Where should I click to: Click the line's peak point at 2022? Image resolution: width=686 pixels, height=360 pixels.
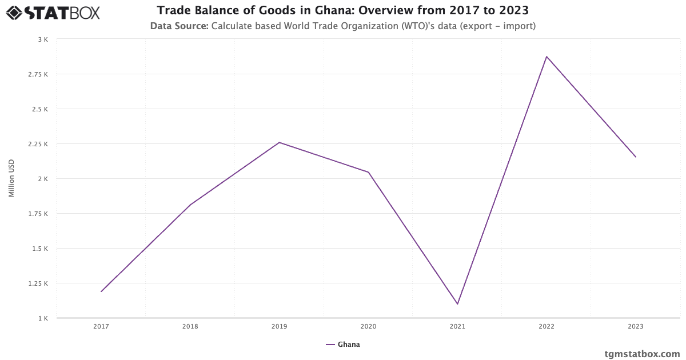coord(547,57)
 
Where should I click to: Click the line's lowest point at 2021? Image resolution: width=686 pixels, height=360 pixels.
coord(457,304)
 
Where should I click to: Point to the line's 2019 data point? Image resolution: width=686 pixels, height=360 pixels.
coord(279,142)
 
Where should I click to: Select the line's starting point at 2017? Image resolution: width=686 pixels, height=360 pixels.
coord(101,291)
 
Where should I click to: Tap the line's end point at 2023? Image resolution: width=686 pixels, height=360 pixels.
coord(635,157)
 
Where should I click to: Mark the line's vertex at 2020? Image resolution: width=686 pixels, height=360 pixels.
coord(368,172)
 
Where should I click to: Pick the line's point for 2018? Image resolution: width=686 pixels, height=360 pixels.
coord(190,205)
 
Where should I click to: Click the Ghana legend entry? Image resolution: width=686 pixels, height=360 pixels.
coord(343,345)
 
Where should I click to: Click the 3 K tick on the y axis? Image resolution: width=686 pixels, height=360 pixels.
coord(43,39)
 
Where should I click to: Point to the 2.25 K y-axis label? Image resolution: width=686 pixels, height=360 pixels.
coord(38,144)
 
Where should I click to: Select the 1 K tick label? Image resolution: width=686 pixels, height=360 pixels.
coord(43,318)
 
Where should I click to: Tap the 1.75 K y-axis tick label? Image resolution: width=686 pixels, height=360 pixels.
coord(38,214)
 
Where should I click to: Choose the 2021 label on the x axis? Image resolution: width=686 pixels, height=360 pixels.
coord(457,327)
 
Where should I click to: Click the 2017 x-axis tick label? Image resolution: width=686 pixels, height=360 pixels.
coord(101,327)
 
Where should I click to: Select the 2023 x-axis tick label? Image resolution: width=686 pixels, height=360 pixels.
coord(635,327)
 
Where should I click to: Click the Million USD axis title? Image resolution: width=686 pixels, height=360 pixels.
coord(11,178)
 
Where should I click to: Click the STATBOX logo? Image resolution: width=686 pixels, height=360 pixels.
coord(53,13)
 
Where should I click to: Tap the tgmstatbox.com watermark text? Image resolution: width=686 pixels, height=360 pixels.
coord(642,354)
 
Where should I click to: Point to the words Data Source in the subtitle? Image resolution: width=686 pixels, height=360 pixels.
coord(179,26)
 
